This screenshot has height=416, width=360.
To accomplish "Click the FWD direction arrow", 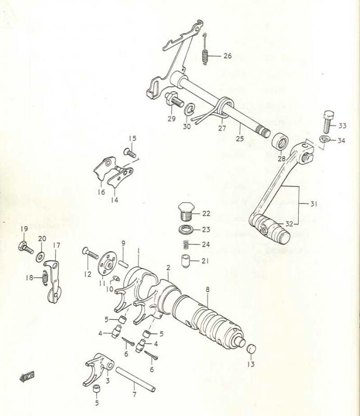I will [24, 378].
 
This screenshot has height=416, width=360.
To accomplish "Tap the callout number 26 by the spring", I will [228, 56].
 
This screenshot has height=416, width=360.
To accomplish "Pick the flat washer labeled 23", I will [185, 229].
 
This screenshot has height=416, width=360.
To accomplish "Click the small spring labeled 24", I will [185, 244].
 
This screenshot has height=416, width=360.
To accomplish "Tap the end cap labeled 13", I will [249, 348].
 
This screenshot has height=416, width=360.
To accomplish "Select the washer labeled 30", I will [190, 110].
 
